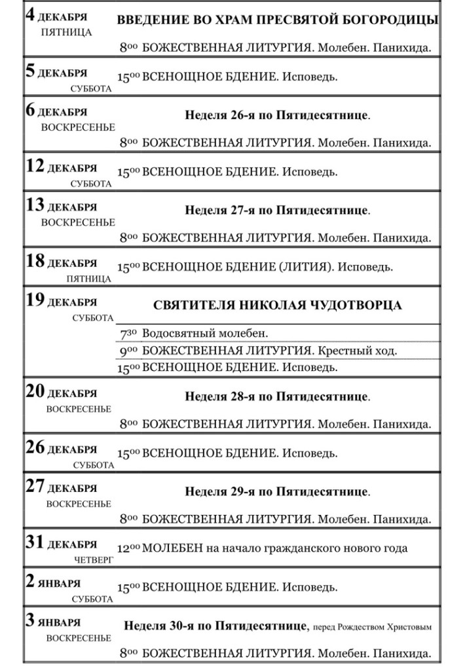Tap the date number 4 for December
coord(30,15)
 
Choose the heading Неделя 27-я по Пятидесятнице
coord(277,211)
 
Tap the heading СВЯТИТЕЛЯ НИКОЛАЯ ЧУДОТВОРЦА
coord(278,306)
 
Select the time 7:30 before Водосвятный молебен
coord(128,334)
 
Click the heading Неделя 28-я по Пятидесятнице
coord(277,397)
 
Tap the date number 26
coord(35,448)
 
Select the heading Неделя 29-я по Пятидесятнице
coord(277,491)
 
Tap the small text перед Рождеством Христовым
coord(372,627)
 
